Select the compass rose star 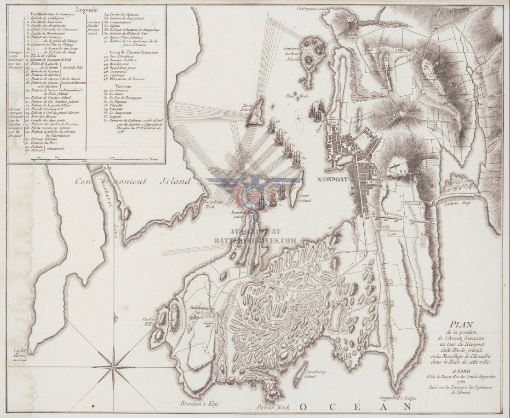[114, 366]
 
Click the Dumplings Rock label [210, 204]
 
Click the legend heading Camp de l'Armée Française [131, 52]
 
